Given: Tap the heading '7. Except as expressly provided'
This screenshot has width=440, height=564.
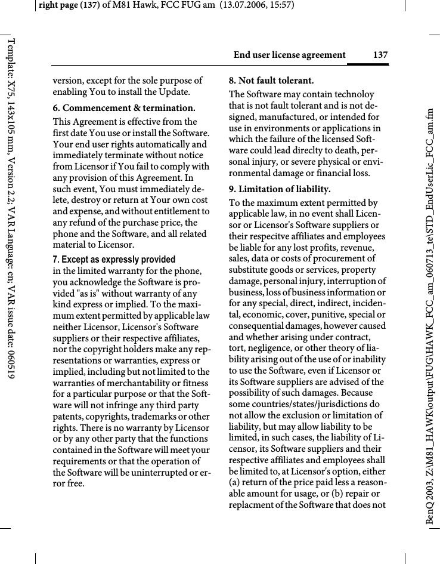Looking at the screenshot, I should pyautogui.click(x=114, y=260).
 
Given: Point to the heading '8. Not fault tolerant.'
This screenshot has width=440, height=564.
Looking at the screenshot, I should pyautogui.click(x=271, y=80).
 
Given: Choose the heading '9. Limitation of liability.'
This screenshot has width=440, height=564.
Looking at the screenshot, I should pyautogui.click(x=280, y=189).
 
